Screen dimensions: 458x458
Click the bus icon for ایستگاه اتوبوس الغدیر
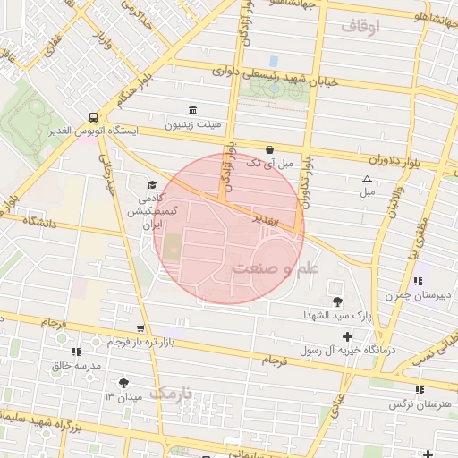[x=94, y=117]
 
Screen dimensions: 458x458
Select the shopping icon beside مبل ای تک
[x=270, y=149]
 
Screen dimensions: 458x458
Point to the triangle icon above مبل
[x=367, y=179]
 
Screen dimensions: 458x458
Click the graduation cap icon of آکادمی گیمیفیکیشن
[x=149, y=184]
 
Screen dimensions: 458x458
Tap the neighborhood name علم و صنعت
[x=275, y=268]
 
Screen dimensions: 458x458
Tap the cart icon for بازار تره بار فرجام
[x=139, y=328]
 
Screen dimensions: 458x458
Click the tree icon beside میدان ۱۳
[x=123, y=382]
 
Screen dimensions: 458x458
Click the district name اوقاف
[x=361, y=27]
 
